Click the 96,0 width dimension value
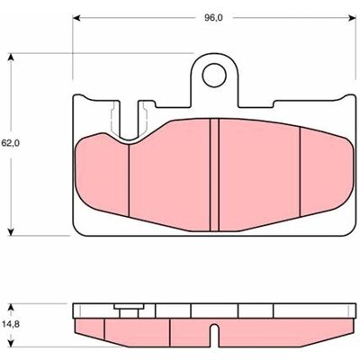pyautogui.click(x=213, y=18)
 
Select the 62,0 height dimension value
pyautogui.click(x=11, y=143)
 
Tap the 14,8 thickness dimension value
pyautogui.click(x=11, y=324)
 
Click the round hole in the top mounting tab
pyautogui.click(x=214, y=76)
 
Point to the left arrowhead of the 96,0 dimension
pyautogui.click(x=77, y=18)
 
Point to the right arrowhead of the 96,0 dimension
pyautogui.click(x=352, y=18)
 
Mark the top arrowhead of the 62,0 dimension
pyautogui.click(x=11, y=58)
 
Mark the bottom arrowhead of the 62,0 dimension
pyautogui.click(x=11, y=231)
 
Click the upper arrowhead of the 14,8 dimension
pyautogui.click(x=11, y=308)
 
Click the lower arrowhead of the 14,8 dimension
pyautogui.click(x=11, y=343)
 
